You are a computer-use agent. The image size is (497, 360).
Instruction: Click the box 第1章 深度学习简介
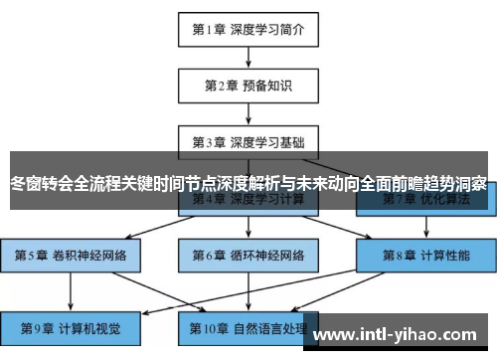coord(248,29)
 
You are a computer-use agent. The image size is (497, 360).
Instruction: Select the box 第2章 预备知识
coord(248,86)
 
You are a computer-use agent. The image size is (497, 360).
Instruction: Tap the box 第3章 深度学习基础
coord(248,142)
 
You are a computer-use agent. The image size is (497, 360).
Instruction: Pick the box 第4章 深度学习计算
coord(248,200)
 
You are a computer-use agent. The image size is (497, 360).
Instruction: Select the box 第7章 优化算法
coord(424,200)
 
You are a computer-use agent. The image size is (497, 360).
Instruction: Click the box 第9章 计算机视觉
coord(71,326)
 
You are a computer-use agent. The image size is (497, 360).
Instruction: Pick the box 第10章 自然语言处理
coord(248,326)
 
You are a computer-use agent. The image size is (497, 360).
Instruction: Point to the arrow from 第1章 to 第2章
coord(248,57)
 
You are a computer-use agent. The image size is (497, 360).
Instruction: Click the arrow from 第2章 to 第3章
coord(248,113)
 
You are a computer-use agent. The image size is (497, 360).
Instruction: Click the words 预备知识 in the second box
coord(266,86)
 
